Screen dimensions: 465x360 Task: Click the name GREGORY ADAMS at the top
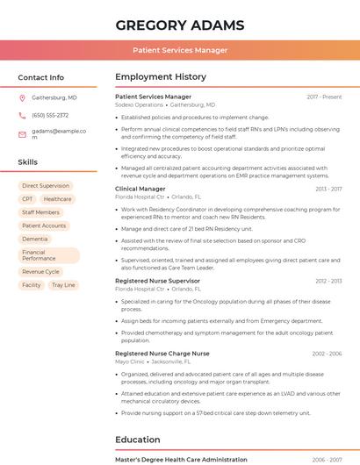[x=180, y=25]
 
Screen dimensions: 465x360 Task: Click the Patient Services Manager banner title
[x=180, y=50]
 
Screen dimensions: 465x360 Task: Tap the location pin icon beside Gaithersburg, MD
[x=22, y=97]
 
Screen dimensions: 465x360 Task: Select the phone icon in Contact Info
[x=22, y=115]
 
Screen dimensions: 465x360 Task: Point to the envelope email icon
[x=22, y=134]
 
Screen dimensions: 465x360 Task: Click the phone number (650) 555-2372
[x=50, y=115]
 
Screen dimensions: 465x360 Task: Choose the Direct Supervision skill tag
[x=46, y=186]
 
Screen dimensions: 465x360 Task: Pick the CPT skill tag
[x=27, y=199]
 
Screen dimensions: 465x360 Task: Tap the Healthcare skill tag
[x=58, y=199]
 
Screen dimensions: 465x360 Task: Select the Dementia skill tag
[x=35, y=239]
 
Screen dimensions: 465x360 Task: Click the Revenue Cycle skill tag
[x=40, y=272]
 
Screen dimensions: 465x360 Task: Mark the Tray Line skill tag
[x=63, y=285]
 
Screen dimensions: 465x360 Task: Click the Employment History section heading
[x=161, y=77]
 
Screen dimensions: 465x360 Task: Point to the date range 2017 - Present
[x=324, y=97]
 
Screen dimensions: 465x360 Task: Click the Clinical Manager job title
[x=140, y=189]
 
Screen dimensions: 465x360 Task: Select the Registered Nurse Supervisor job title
[x=157, y=281]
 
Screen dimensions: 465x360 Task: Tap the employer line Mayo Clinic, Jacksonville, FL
[x=154, y=361]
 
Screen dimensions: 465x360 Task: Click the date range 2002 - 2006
[x=327, y=354]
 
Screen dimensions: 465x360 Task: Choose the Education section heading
[x=139, y=440]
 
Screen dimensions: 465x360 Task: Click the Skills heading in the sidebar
[x=28, y=162]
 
